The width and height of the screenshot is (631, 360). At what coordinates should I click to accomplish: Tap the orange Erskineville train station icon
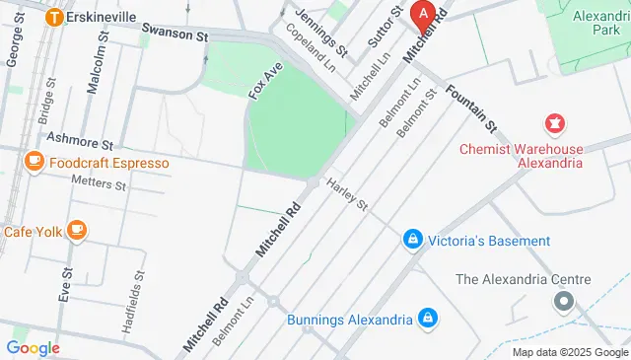point(55,17)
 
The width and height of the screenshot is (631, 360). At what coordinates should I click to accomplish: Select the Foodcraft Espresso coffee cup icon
point(34,162)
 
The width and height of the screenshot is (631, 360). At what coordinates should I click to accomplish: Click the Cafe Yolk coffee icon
point(76,232)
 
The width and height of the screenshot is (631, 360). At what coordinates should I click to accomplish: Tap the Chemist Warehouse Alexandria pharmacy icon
point(553,125)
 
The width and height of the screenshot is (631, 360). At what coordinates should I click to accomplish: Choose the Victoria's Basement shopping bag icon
point(412,240)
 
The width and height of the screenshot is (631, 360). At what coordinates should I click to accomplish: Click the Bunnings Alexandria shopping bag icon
point(428,319)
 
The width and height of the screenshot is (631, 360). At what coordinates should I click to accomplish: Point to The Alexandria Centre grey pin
point(563,300)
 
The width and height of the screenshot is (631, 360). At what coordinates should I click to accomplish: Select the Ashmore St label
point(81,144)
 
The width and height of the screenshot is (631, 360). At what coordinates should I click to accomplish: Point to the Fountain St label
point(469,109)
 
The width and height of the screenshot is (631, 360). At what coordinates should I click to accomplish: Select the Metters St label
point(99,183)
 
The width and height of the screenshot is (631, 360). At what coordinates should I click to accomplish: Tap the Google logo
point(33,347)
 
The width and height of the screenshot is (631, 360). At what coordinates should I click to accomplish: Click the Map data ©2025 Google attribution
point(569,352)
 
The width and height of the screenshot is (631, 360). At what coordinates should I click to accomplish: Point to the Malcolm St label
point(95,67)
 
